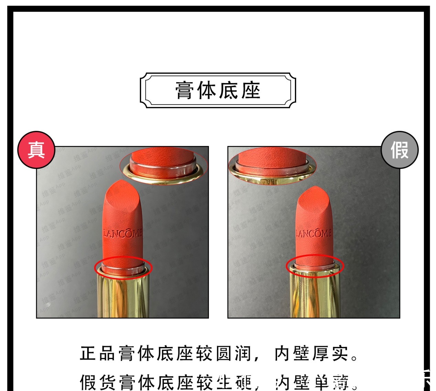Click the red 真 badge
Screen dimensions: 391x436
36,150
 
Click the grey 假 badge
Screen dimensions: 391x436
400,150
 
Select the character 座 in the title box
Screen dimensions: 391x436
251,90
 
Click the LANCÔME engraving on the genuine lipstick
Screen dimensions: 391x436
123,234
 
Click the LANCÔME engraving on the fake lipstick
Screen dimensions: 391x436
313,234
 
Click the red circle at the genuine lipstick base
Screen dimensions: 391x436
123,267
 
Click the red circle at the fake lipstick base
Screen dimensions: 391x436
315,265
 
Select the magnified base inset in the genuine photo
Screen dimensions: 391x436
164,166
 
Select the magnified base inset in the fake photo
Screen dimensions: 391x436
273,166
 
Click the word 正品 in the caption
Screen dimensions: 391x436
97,354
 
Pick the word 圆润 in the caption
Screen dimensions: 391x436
233,354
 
